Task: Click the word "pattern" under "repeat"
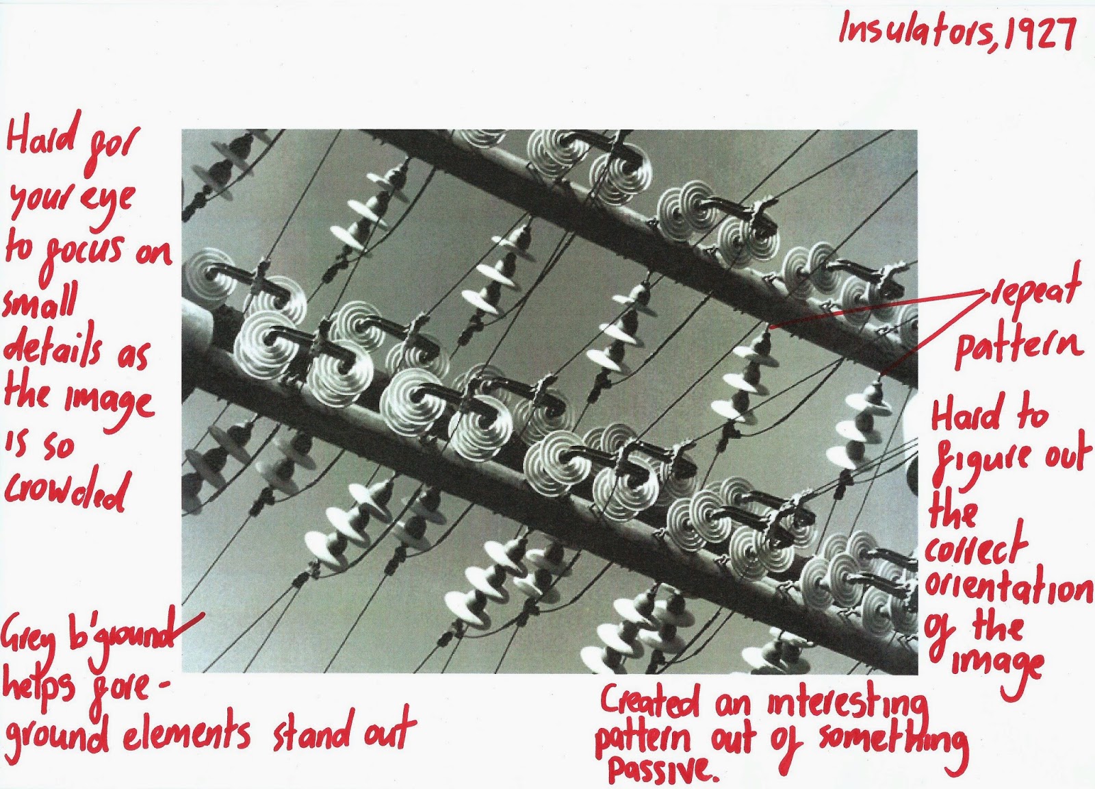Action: [x=1016, y=346]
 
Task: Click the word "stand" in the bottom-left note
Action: [x=307, y=731]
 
